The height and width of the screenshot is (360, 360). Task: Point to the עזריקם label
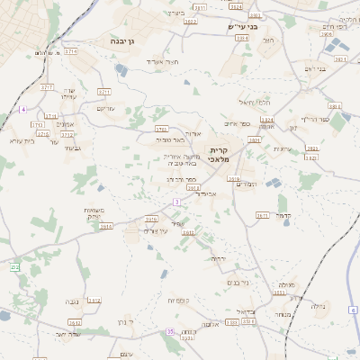pos(105,108)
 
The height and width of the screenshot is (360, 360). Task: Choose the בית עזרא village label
pos(20,139)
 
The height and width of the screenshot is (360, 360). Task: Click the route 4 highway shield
pos(22,109)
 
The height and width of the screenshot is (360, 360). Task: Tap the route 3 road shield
pos(176,202)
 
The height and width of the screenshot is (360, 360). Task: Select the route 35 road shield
pos(169,332)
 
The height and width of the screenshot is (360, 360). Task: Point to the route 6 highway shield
pos(354,310)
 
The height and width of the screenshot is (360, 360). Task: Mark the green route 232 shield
pos(14,267)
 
